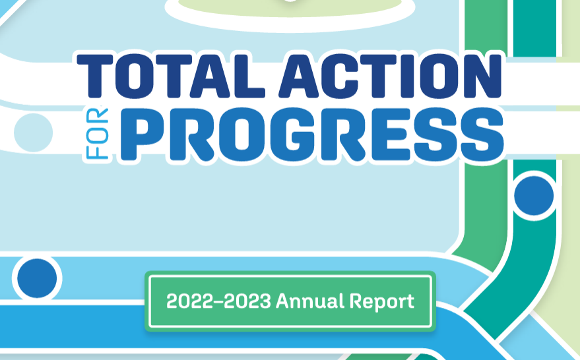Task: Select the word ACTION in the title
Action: [x=389, y=76]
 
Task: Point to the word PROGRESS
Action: [x=310, y=136]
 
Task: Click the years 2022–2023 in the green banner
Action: [x=218, y=302]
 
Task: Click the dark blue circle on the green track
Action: [x=534, y=195]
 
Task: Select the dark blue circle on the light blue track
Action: [x=37, y=278]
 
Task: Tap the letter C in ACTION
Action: [x=338, y=76]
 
